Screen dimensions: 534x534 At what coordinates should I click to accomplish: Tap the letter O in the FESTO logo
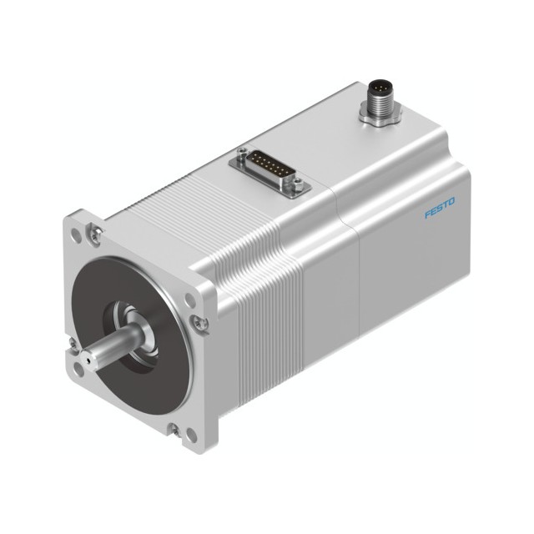451,202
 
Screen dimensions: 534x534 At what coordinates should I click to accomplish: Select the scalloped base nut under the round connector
380,117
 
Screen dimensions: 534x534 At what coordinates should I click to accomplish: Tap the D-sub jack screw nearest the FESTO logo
299,184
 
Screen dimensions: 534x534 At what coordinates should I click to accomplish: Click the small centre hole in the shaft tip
88,360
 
